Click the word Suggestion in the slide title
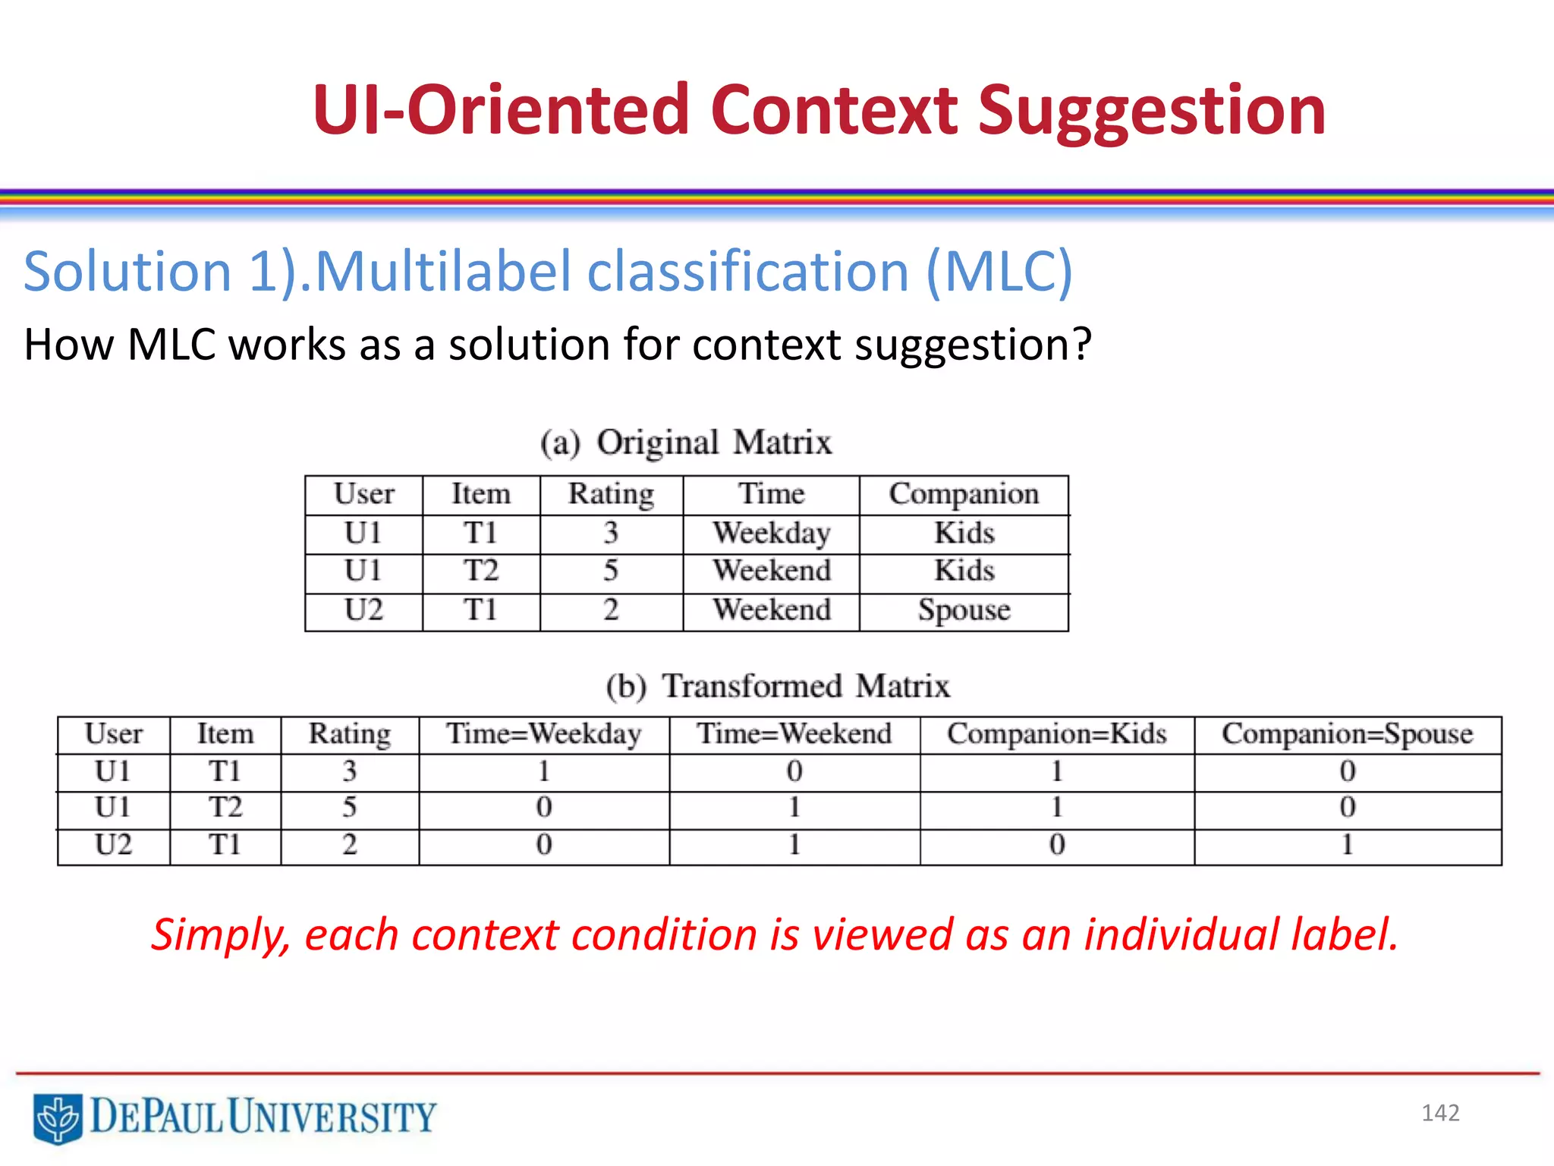(x=1151, y=112)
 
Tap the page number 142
(x=1439, y=1113)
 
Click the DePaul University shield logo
(x=58, y=1117)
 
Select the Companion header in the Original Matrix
(x=964, y=494)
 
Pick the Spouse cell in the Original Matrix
(x=964, y=610)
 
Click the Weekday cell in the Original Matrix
(x=771, y=533)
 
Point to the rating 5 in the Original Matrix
(x=611, y=571)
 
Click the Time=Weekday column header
(x=543, y=734)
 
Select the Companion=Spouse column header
(x=1347, y=734)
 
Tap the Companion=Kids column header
(x=1056, y=734)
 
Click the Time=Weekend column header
(x=794, y=734)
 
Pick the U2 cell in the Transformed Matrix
(x=113, y=845)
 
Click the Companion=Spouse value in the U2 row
(x=1347, y=845)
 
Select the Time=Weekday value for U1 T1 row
(x=543, y=771)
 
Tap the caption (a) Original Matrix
(x=686, y=443)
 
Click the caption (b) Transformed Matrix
(x=777, y=686)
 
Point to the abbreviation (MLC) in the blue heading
(x=999, y=272)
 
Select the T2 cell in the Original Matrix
(x=481, y=571)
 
